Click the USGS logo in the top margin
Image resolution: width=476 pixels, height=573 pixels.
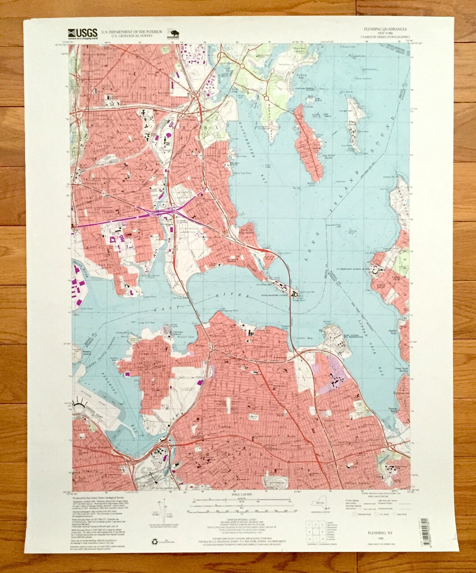[x=82, y=33]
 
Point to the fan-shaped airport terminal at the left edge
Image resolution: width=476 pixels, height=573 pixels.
[x=81, y=402]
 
